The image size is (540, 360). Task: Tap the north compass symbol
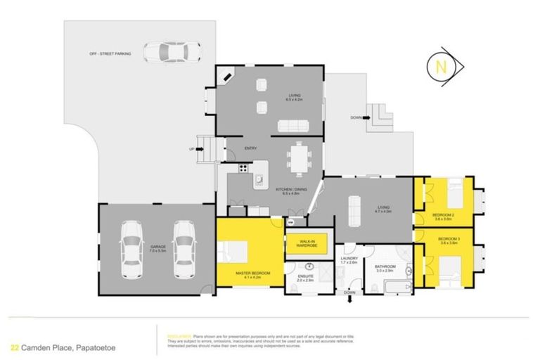pyautogui.click(x=442, y=68)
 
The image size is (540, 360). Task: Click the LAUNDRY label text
pyautogui.click(x=349, y=257)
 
